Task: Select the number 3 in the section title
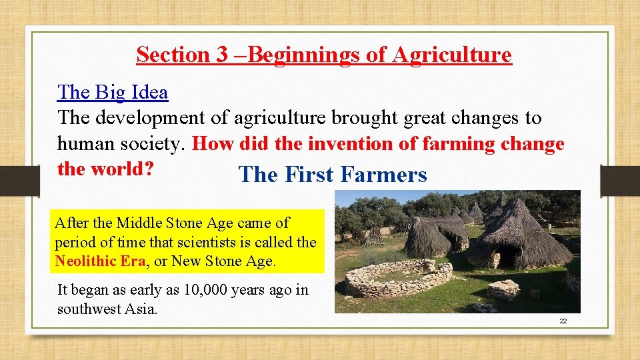pyautogui.click(x=222, y=55)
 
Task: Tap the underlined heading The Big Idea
pyautogui.click(x=113, y=92)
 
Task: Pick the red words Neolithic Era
pyautogui.click(x=100, y=261)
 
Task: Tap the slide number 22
pyautogui.click(x=563, y=321)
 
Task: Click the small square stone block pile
pyautogui.click(x=503, y=289)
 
